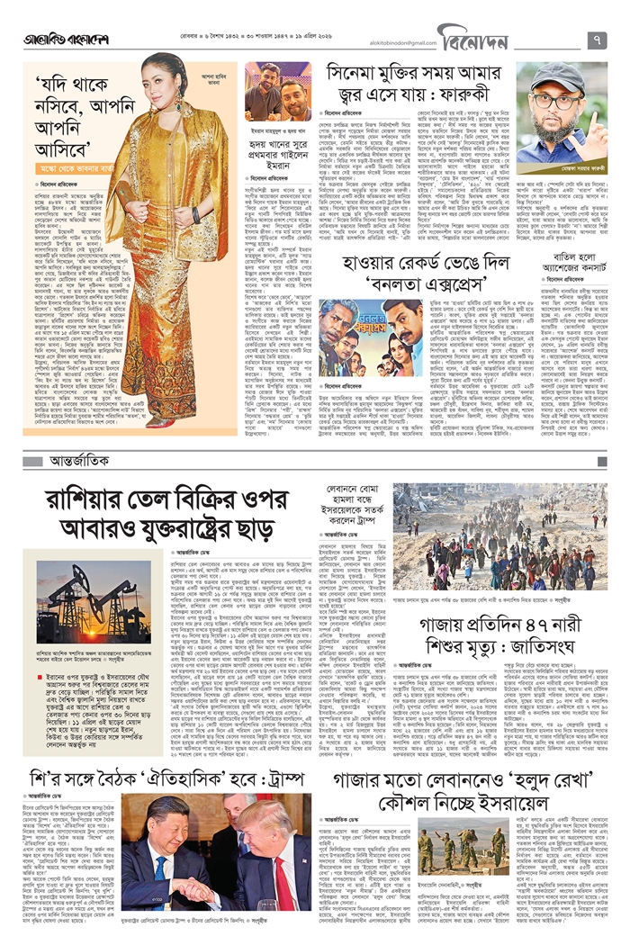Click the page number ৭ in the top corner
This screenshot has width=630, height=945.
point(598,40)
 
